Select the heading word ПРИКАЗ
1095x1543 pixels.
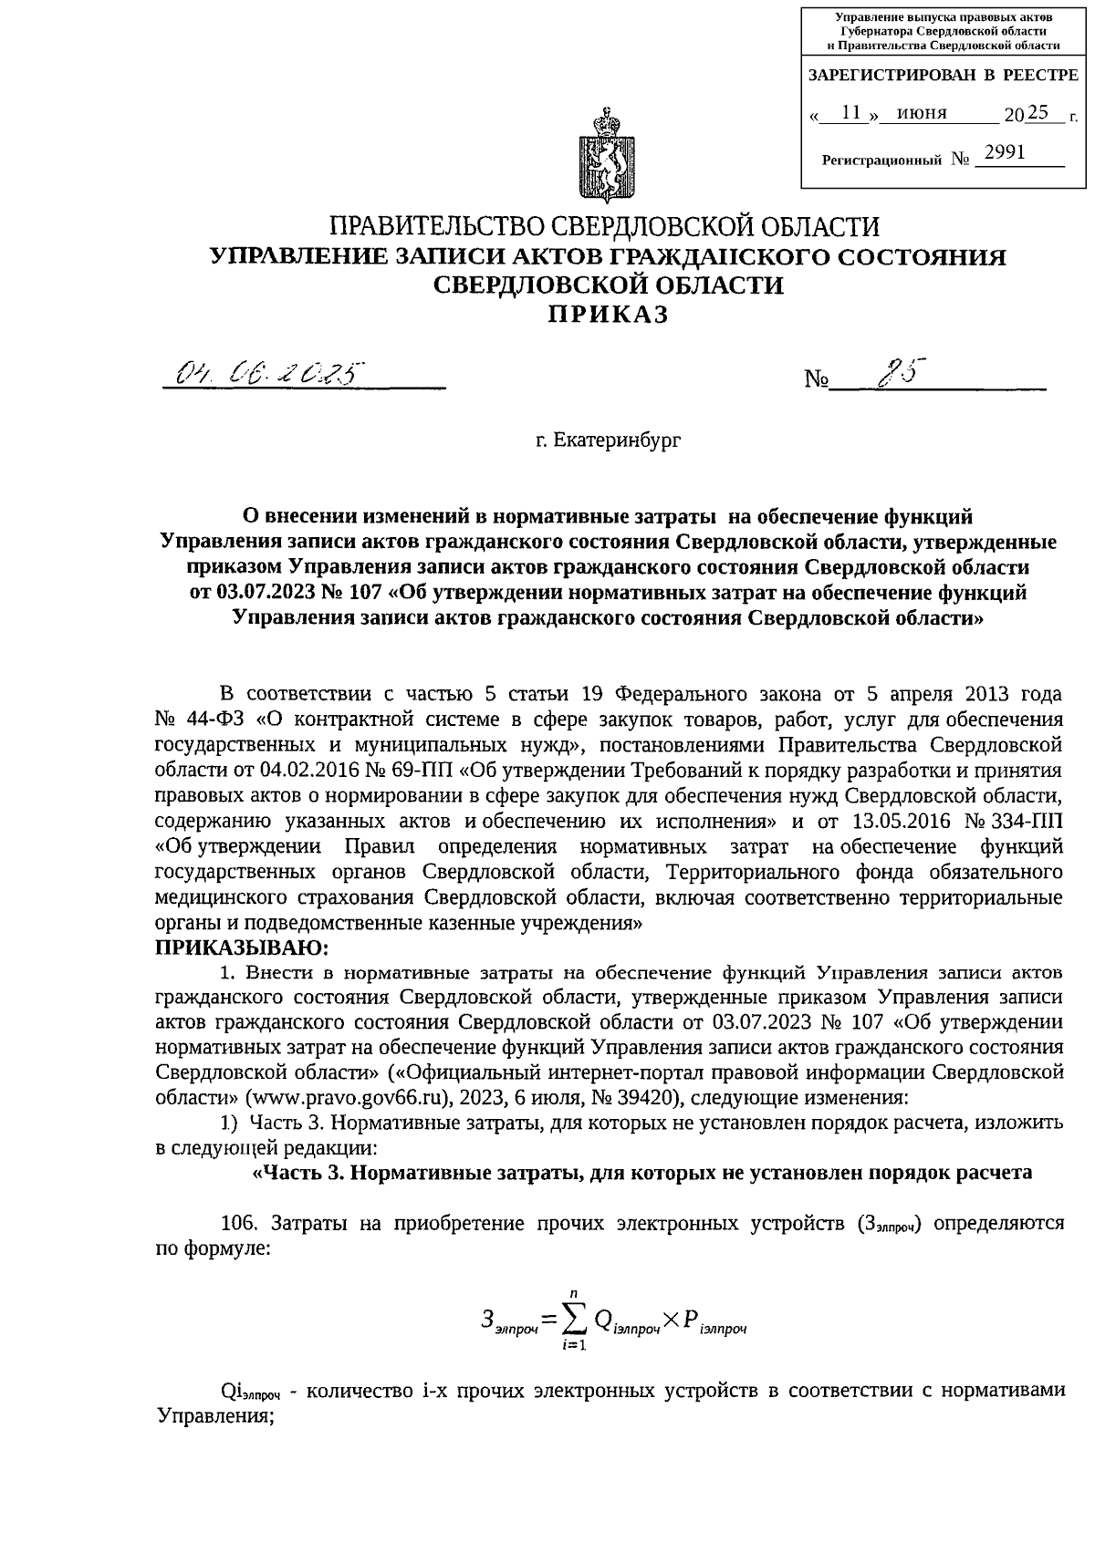click(x=608, y=315)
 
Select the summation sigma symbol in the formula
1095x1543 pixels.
click(x=573, y=1319)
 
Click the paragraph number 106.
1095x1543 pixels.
click(x=240, y=1224)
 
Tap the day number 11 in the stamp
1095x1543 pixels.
click(x=851, y=112)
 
